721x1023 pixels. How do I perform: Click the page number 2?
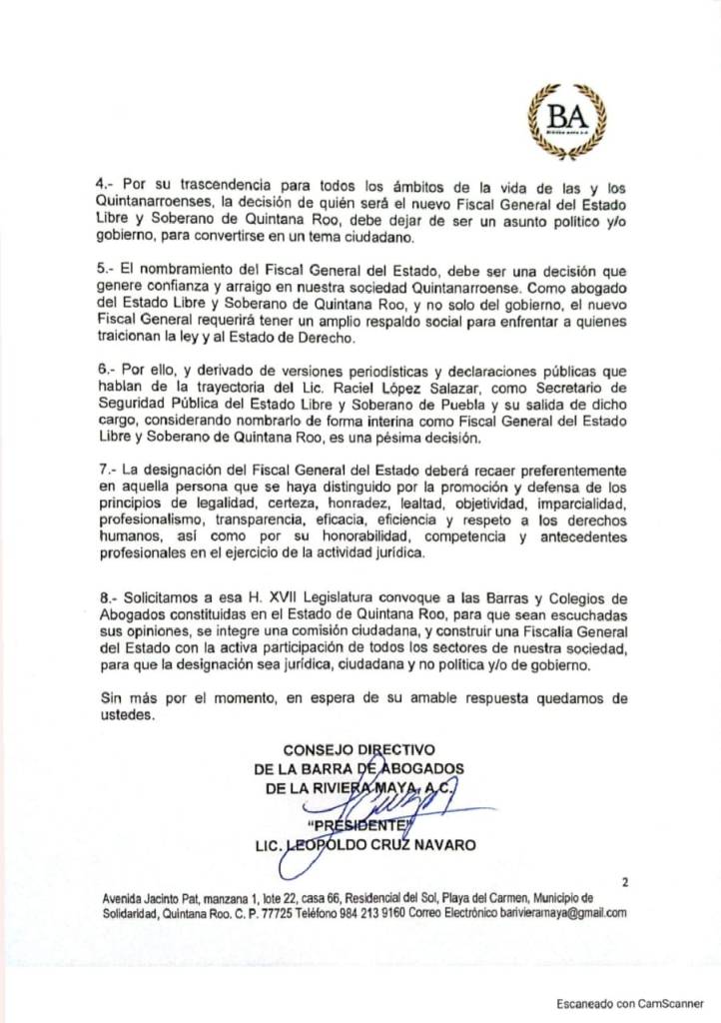click(x=624, y=882)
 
